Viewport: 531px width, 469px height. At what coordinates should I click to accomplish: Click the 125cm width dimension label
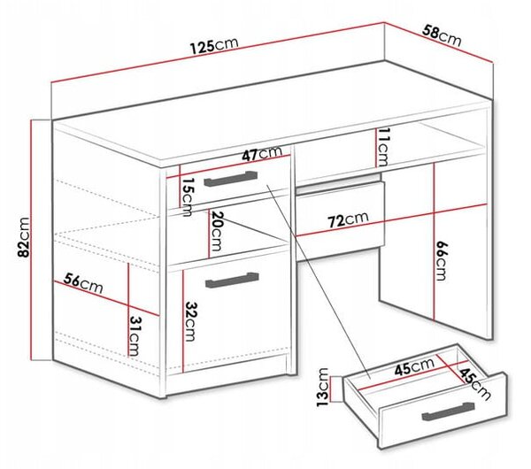[214, 45]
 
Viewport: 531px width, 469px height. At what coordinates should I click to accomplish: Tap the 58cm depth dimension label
[442, 35]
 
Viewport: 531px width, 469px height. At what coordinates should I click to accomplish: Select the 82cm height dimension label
[24, 238]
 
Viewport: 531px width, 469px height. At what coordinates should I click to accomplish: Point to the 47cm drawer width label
[262, 153]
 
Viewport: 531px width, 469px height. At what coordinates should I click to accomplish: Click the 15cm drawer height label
[186, 197]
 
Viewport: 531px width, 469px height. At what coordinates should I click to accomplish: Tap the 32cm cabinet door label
[189, 321]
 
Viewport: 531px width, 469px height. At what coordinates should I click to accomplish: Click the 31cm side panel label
[135, 336]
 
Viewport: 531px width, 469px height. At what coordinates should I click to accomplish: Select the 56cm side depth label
[83, 283]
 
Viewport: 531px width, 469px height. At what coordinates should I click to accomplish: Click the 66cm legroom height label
[441, 261]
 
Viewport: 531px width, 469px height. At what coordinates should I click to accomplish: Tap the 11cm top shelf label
[382, 147]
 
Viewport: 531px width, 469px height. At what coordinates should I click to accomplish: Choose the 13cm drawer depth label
[322, 387]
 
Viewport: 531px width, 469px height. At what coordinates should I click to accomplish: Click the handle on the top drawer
[231, 179]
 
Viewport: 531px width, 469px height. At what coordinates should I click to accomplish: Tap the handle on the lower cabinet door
[232, 280]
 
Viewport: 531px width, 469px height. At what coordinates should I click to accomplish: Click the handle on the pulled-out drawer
[448, 411]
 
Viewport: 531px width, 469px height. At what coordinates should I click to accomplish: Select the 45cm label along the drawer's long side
[414, 366]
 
